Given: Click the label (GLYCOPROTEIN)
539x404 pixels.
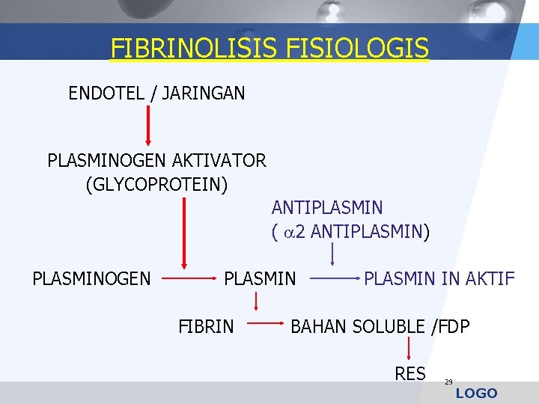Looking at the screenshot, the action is [156, 183].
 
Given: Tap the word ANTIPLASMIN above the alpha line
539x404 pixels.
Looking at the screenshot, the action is [327, 207].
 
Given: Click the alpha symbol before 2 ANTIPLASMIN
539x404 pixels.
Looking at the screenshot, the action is [288, 232].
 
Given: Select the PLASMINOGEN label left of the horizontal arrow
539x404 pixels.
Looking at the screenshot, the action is [91, 279].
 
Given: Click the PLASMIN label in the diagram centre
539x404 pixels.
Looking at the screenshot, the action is [261, 279].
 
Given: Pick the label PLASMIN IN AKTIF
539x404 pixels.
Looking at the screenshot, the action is [439, 279].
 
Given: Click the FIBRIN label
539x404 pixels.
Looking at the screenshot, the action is [206, 326].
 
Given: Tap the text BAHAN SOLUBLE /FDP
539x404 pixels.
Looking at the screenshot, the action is [380, 326].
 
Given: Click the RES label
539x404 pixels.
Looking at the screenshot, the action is [410, 373].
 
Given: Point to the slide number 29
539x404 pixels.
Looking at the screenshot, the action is [448, 382].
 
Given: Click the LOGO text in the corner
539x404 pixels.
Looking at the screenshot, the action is [476, 394].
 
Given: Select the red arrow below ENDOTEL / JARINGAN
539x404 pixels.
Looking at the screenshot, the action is [148, 124].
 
